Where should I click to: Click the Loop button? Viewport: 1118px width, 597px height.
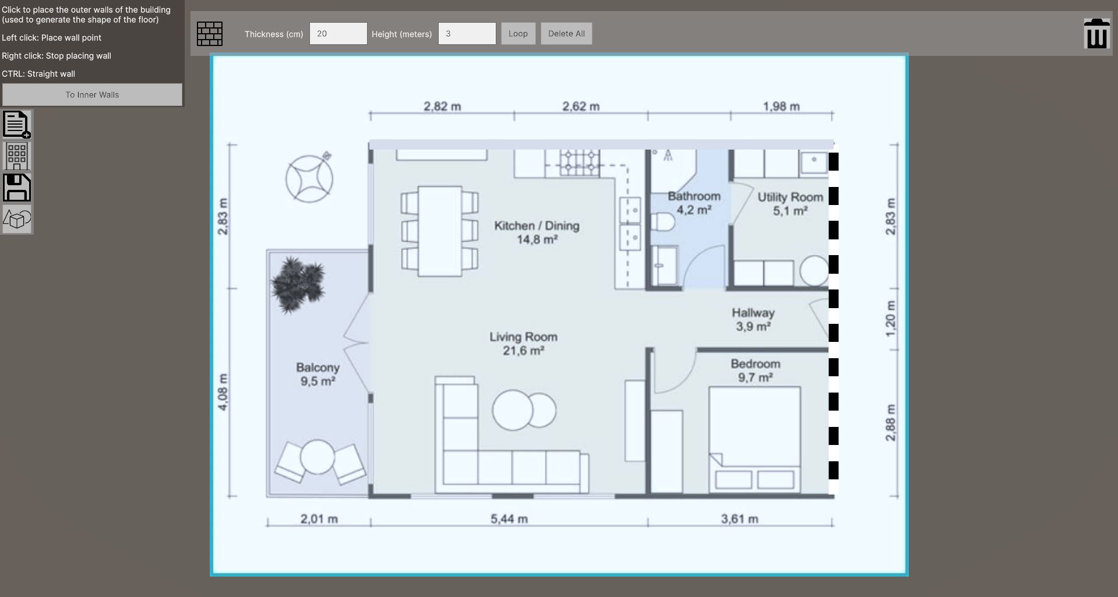pos(518,34)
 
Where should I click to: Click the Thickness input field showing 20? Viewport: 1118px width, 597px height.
pos(338,34)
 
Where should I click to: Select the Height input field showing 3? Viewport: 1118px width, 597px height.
pos(467,34)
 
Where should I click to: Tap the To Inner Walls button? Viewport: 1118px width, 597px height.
pos(92,95)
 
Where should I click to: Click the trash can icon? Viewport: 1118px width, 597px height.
pos(1096,33)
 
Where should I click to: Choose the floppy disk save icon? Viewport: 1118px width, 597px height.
pos(17,188)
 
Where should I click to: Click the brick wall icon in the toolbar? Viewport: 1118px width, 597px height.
pos(210,34)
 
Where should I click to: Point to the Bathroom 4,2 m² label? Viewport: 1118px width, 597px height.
pos(694,203)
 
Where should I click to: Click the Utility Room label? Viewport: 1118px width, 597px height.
pos(790,197)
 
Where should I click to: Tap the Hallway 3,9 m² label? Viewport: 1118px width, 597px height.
pos(753,320)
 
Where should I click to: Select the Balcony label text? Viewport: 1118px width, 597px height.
pos(318,368)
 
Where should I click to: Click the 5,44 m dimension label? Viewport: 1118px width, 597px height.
pos(509,519)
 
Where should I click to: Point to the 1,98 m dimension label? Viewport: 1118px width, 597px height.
pos(781,107)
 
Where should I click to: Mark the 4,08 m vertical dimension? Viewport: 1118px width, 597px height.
pos(223,392)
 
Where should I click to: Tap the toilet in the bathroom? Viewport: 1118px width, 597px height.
pos(663,222)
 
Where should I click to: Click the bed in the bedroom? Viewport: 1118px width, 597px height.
pos(754,440)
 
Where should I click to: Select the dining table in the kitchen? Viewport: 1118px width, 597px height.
pos(440,231)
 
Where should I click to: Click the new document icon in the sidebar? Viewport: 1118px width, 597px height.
pos(17,125)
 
